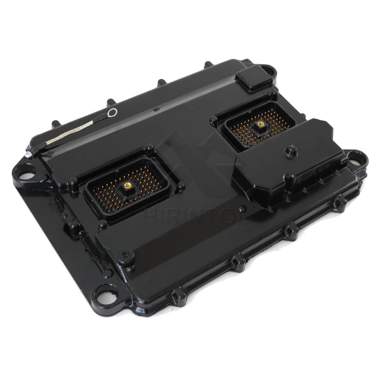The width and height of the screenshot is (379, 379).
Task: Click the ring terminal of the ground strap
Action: coord(113,113)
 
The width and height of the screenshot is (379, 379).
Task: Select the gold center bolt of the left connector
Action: coord(128,185)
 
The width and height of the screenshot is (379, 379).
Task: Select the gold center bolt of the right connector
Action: coord(260,123)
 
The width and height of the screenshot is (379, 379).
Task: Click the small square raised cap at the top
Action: coord(255,78)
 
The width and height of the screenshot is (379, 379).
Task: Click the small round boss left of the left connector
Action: coord(73,182)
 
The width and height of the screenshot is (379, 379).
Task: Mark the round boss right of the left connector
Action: coord(181,187)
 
